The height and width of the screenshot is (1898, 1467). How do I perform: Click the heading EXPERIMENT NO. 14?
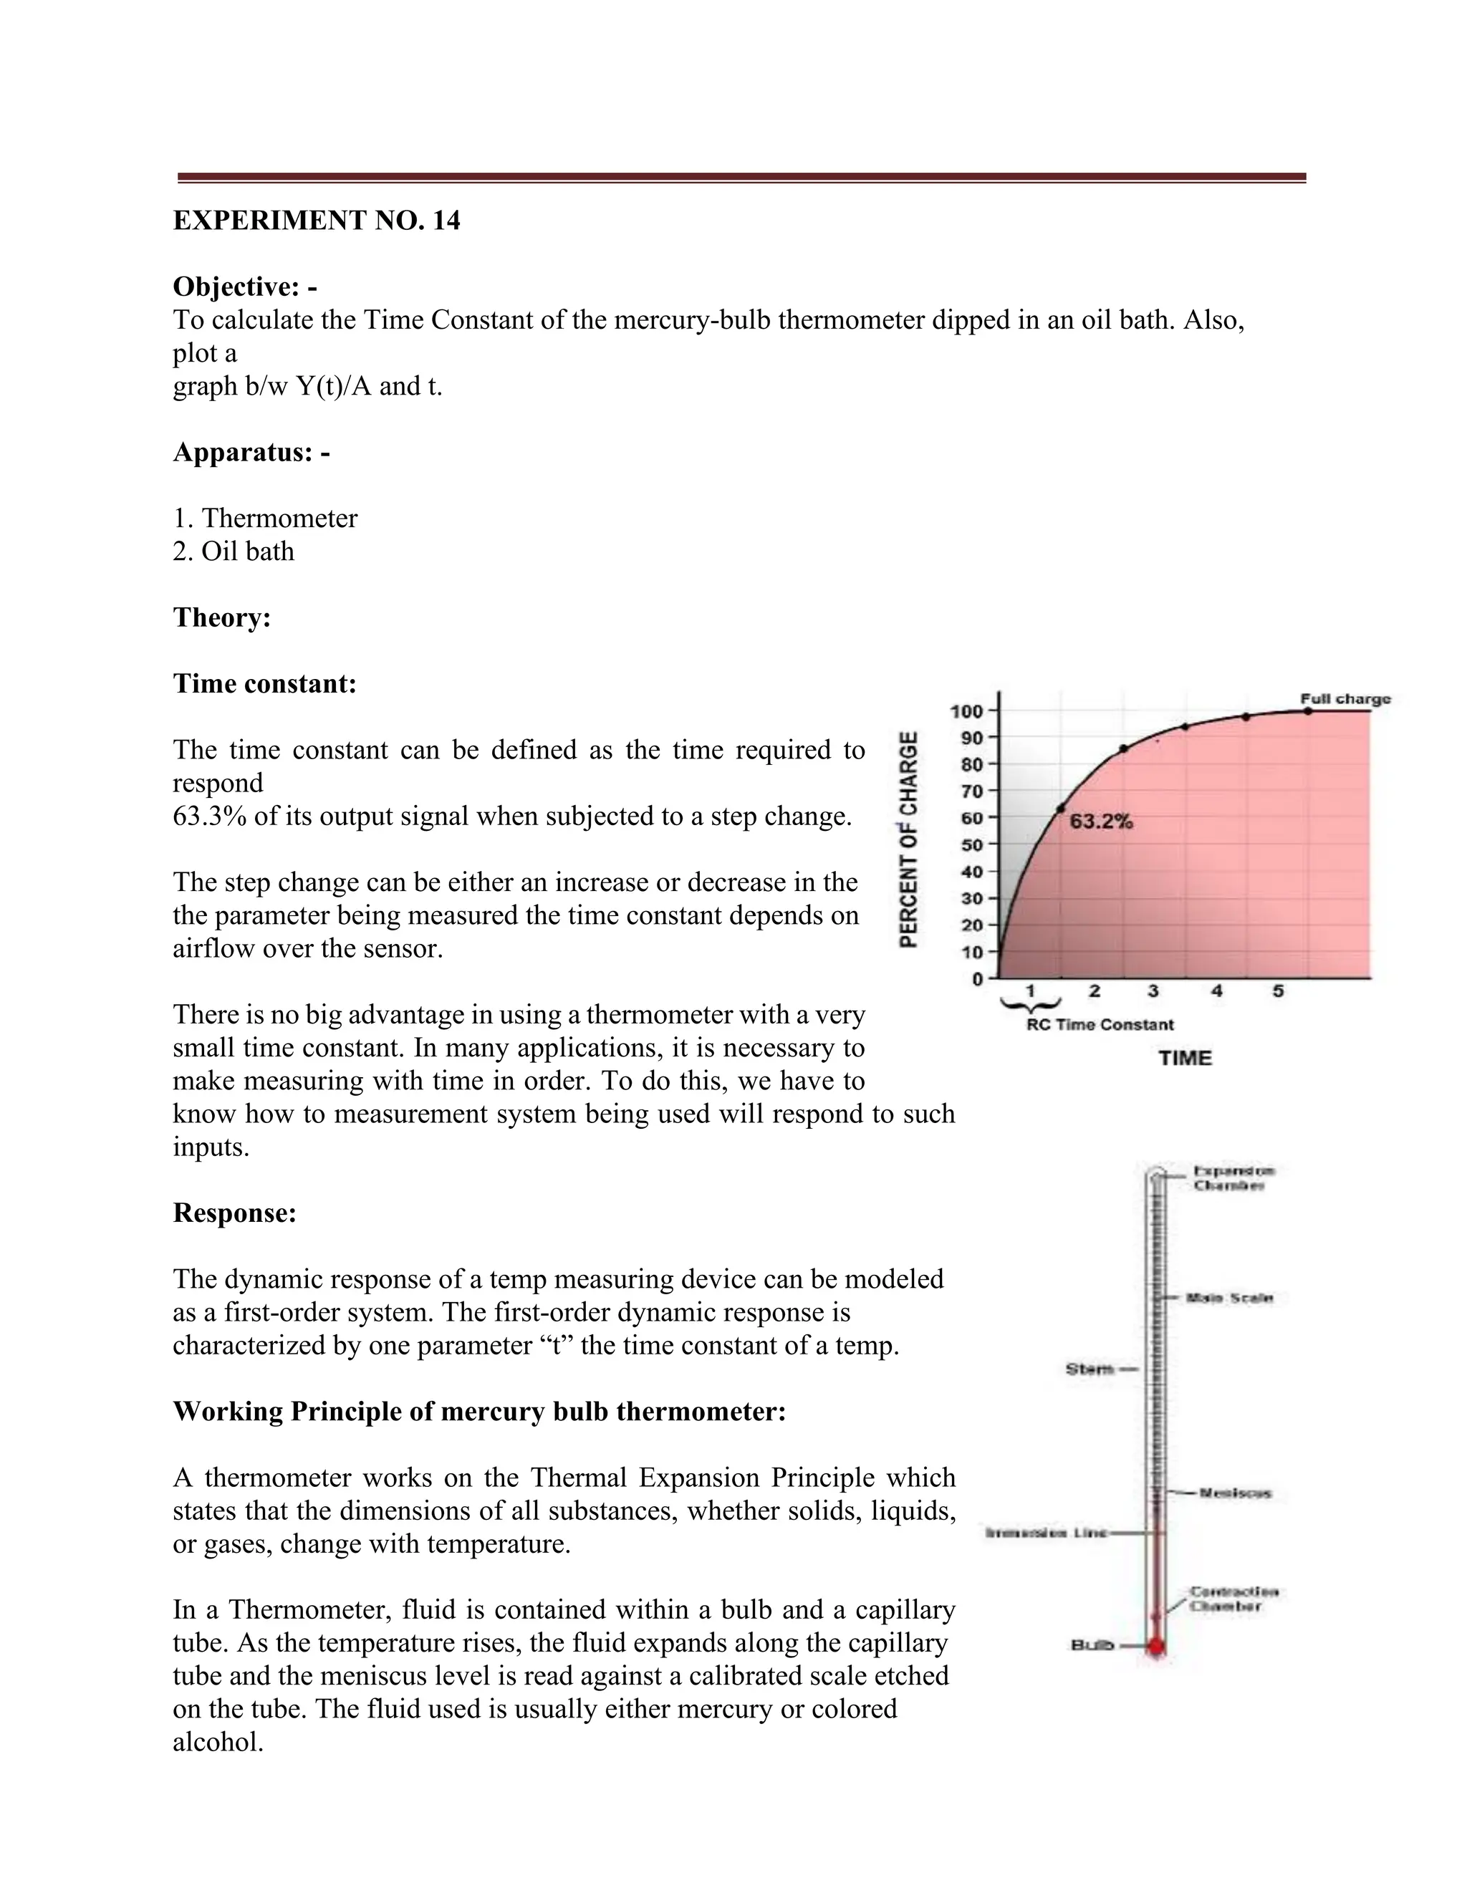coord(317,221)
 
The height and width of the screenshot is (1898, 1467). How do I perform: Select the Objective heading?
coord(245,286)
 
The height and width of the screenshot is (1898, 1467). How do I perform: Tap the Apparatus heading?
coord(251,452)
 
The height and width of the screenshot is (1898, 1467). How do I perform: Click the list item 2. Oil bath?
coord(233,551)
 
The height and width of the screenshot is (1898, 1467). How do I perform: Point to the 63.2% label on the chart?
coord(1100,822)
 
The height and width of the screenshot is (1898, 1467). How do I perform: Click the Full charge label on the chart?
coord(1345,699)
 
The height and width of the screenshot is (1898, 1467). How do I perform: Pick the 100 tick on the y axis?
coord(966,711)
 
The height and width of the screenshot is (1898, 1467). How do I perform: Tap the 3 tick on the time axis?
coord(1153,991)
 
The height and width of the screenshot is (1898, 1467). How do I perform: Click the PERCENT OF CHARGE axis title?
coord(908,839)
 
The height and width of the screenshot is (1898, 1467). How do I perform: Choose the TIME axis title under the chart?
coord(1185,1058)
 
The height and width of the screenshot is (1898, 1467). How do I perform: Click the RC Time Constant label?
coord(1100,1025)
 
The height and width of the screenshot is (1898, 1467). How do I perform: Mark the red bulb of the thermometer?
coord(1155,1645)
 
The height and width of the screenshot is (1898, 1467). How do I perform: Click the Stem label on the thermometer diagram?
coord(1090,1369)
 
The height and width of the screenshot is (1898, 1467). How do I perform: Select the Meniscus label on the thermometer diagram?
coord(1235,1493)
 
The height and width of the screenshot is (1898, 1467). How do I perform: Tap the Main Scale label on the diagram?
coord(1230,1298)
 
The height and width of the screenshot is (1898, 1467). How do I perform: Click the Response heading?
coord(235,1213)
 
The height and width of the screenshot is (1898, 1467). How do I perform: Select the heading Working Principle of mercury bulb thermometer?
coord(479,1412)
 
